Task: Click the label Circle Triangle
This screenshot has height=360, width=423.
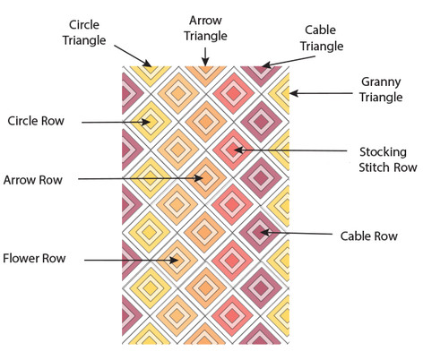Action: pyautogui.click(x=84, y=32)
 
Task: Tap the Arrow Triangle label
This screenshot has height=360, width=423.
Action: pyautogui.click(x=205, y=29)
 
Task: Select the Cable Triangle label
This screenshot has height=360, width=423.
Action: pyautogui.click(x=322, y=39)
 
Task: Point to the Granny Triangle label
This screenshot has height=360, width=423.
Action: pyautogui.click(x=381, y=90)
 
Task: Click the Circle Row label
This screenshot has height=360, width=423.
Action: pyautogui.click(x=36, y=121)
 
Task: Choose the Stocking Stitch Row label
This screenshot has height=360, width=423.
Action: pyautogui.click(x=388, y=159)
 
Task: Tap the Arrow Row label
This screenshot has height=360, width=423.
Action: pyautogui.click(x=33, y=180)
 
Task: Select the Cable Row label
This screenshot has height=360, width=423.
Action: pyautogui.click(x=369, y=236)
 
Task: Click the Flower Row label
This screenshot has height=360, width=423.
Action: pyautogui.click(x=34, y=259)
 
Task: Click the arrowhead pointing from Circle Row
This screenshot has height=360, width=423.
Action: pyautogui.click(x=146, y=122)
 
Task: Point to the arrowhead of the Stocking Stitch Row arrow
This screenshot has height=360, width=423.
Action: pyautogui.click(x=238, y=150)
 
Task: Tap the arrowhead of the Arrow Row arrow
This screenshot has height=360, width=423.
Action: pyautogui.click(x=199, y=178)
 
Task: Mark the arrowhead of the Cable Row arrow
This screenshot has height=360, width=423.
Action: pyautogui.click(x=264, y=232)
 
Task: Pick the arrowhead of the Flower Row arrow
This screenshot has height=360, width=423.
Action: pyautogui.click(x=174, y=261)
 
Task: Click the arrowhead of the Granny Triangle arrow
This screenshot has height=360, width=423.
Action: pyautogui.click(x=294, y=93)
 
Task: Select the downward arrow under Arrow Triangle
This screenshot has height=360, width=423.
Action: pyautogui.click(x=205, y=56)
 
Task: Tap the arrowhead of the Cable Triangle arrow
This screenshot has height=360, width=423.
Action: pyautogui.click(x=266, y=65)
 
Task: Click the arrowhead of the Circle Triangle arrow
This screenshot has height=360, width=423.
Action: pyautogui.click(x=148, y=63)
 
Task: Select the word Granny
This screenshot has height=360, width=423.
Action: pyautogui.click(x=381, y=82)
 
